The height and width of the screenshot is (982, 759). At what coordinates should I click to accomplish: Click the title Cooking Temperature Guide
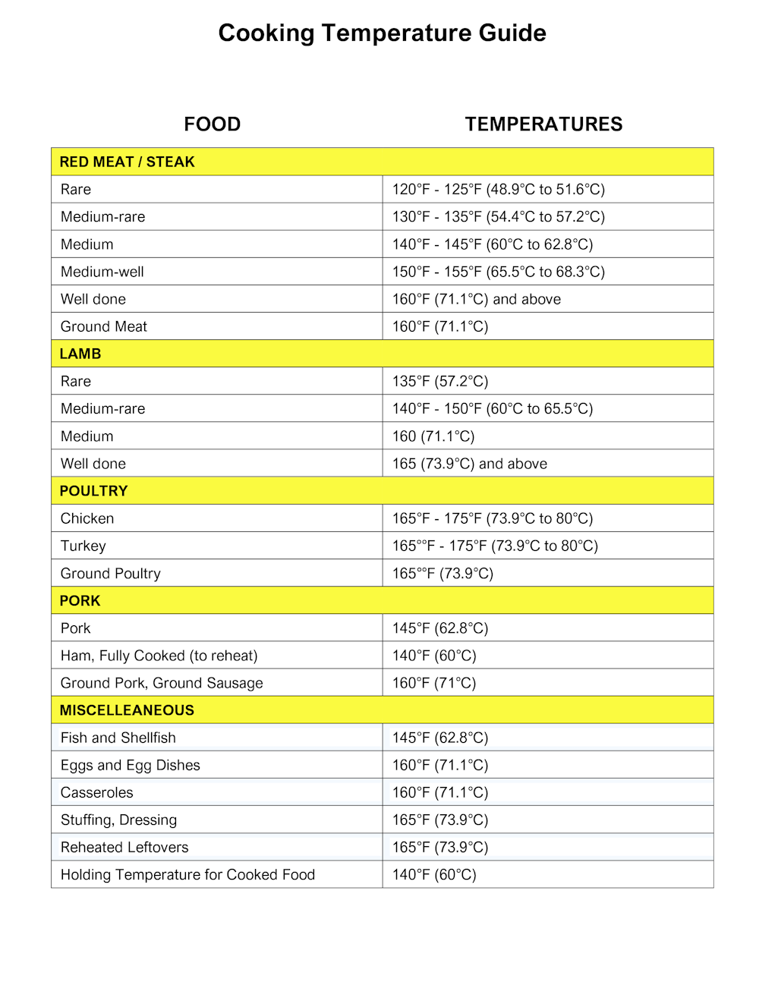[382, 33]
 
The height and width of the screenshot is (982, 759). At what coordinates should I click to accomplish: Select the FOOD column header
[212, 124]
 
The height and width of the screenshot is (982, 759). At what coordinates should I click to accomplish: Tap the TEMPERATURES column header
[543, 124]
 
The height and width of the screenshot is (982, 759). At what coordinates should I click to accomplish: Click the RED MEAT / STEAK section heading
[128, 162]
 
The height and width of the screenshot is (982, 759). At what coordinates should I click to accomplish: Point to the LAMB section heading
[80, 354]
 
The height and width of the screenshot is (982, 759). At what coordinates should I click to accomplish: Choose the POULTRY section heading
[93, 491]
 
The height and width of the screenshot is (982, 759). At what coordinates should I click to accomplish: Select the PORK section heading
[80, 600]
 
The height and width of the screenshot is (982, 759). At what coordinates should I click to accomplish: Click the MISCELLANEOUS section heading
[127, 710]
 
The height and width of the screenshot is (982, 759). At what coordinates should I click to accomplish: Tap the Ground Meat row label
[104, 326]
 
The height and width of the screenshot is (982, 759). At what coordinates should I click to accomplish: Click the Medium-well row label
[102, 272]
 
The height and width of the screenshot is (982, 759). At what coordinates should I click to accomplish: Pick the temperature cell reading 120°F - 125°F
[498, 190]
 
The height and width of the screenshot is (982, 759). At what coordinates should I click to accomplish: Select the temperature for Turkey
[495, 546]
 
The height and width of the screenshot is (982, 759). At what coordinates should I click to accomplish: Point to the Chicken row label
[87, 518]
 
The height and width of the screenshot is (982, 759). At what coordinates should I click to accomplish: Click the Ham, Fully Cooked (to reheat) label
[159, 656]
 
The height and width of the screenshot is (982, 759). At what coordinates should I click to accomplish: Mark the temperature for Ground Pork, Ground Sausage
[434, 683]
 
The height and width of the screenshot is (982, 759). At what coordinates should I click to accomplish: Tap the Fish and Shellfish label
[118, 738]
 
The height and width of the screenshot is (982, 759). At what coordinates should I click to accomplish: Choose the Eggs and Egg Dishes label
[131, 765]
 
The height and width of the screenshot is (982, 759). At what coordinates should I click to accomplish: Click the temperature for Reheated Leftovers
[440, 847]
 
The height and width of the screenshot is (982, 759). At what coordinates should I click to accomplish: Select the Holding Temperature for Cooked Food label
[187, 874]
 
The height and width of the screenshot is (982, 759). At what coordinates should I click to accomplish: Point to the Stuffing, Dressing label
[118, 820]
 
